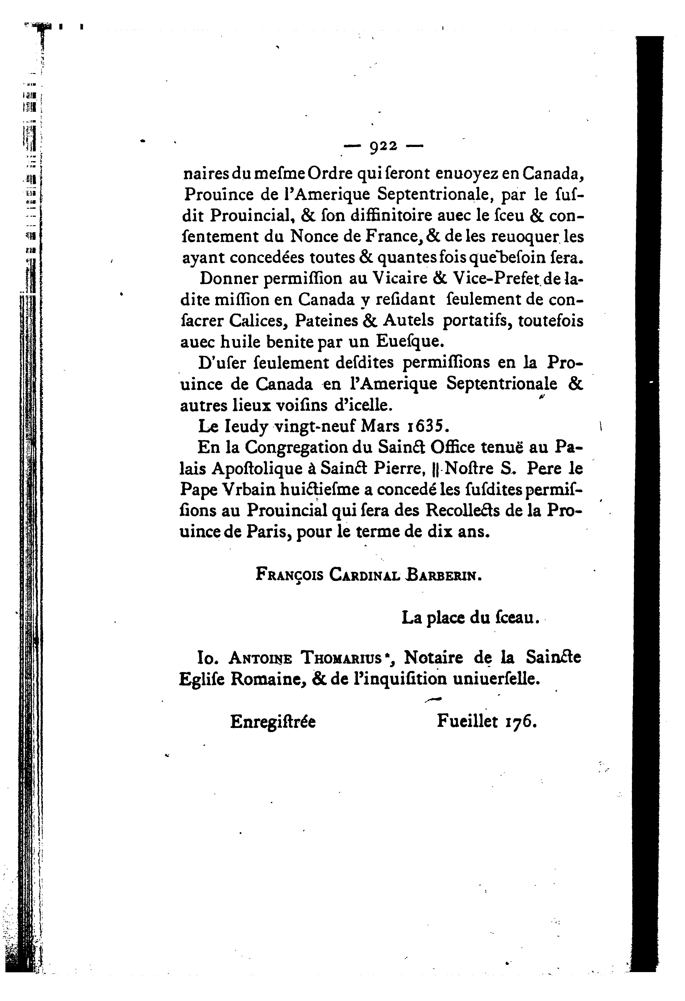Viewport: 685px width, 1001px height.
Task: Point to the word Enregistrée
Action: (273, 721)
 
